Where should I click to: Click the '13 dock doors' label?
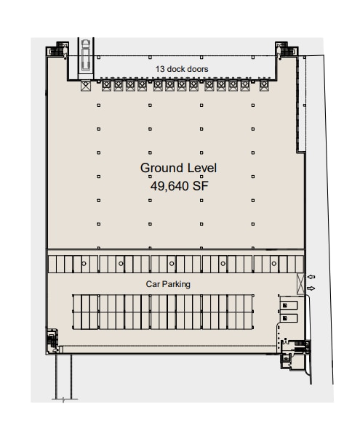click(182, 69)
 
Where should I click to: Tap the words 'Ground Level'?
click(178, 168)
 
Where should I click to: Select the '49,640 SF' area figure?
click(178, 185)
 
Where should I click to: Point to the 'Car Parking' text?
click(169, 284)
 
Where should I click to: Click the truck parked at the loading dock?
click(86, 57)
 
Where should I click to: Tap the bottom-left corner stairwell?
click(52, 341)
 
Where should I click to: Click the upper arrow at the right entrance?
click(312, 277)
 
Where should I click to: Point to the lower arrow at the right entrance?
click(312, 289)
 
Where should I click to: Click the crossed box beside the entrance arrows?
click(300, 282)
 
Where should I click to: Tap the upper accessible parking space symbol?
click(286, 305)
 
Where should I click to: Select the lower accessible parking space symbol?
click(286, 317)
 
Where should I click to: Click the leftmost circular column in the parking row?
click(84, 262)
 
